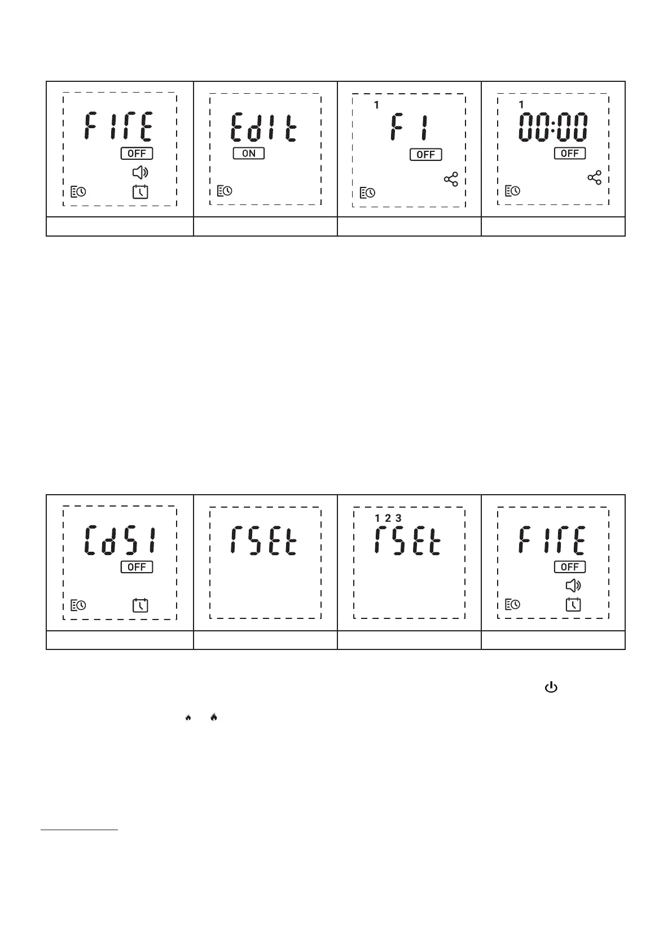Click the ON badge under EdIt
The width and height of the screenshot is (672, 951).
pyautogui.click(x=249, y=154)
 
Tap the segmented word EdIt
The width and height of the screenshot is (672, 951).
pyautogui.click(x=263, y=128)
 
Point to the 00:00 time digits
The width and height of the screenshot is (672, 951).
pyautogui.click(x=553, y=128)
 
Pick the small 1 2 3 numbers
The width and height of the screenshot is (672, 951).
pyautogui.click(x=388, y=518)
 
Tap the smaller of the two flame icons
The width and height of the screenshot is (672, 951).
pyautogui.click(x=188, y=718)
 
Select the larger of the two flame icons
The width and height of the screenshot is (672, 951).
pyautogui.click(x=214, y=717)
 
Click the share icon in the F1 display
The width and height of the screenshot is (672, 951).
pyautogui.click(x=451, y=180)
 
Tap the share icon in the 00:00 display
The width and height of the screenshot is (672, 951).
pyautogui.click(x=595, y=178)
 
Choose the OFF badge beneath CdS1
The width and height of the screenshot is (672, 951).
pyautogui.click(x=137, y=567)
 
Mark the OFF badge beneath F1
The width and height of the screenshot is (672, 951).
pyautogui.click(x=425, y=155)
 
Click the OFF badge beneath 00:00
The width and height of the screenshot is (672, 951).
pyautogui.click(x=570, y=154)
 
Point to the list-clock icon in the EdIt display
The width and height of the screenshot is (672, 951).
pyautogui.click(x=224, y=191)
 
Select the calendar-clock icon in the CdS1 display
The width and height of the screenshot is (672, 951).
pyautogui.click(x=140, y=605)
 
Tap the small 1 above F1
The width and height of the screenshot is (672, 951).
pyautogui.click(x=376, y=106)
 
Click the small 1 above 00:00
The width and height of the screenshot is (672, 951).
pyautogui.click(x=521, y=104)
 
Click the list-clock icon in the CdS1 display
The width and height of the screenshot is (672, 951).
pyautogui.click(x=78, y=605)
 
